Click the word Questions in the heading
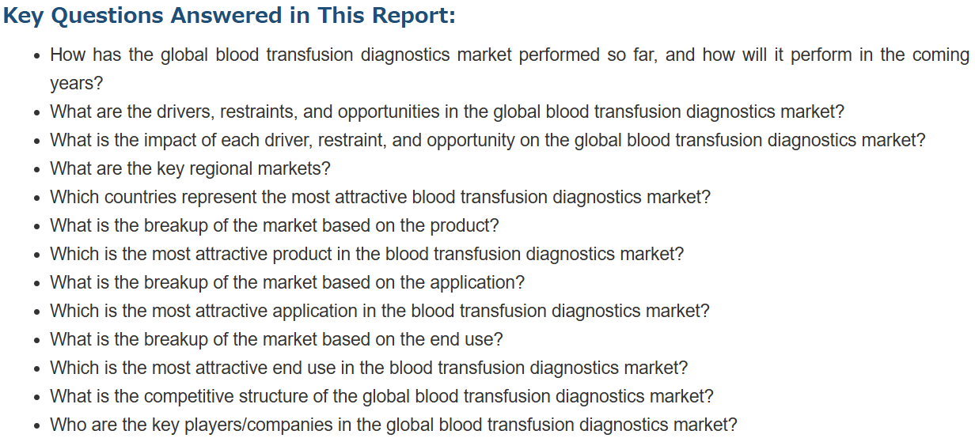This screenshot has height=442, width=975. [107, 16]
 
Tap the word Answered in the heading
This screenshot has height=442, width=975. [226, 15]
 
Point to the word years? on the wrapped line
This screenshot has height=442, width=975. [77, 84]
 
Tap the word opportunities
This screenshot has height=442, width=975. [389, 112]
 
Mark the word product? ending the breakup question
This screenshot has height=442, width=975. [464, 226]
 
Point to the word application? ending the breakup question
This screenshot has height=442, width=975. [477, 283]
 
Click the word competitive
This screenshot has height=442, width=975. [188, 397]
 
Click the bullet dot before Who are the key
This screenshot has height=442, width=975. [37, 426]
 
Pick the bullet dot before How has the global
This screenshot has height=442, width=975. [37, 56]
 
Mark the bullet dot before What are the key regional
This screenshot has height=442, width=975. [37, 170]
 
